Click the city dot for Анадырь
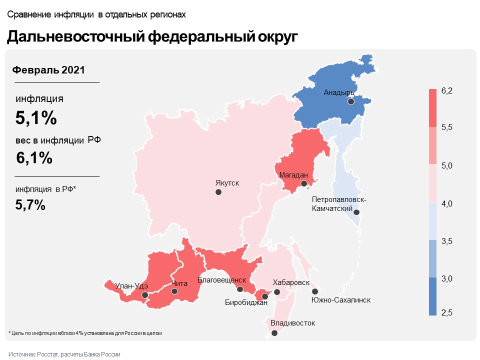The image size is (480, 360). point(351,101)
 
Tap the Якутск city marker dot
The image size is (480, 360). point(218,192)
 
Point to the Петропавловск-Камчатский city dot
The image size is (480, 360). point(357,212)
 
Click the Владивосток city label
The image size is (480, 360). point(292,323)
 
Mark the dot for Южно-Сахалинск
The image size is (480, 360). point(315,291)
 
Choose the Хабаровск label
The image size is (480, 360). point(291,282)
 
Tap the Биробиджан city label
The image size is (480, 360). point(246,302)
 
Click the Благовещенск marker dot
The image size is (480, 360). point(240,289)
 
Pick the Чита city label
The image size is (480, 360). point(179,283)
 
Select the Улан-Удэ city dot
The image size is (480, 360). point(145,295)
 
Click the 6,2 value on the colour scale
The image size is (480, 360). point(447,90)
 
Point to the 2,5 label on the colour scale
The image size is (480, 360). point(447,313)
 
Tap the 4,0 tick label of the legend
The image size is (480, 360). point(447,203)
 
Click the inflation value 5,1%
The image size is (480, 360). point(36,118)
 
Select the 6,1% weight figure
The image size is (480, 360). point(34,157)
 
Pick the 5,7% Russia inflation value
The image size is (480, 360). point(31,204)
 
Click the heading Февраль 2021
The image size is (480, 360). point(48,70)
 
